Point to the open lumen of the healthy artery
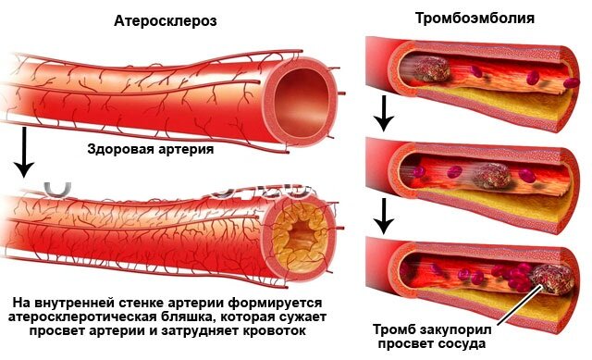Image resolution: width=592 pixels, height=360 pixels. [x=302, y=89]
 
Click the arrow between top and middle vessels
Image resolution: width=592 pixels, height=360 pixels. [x=380, y=114]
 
